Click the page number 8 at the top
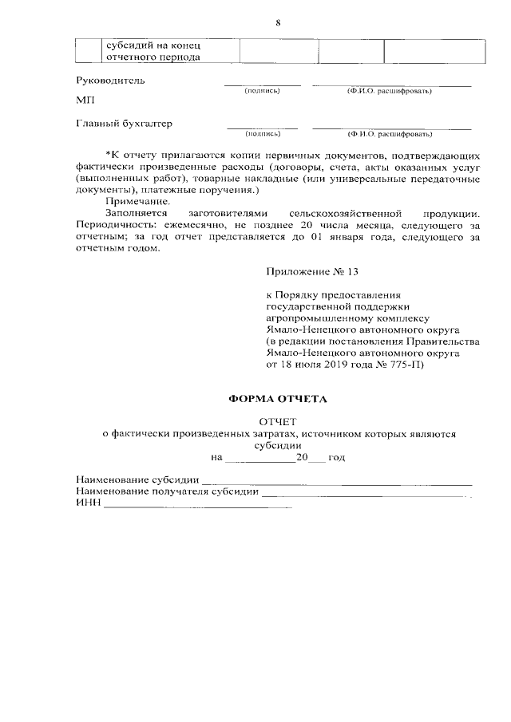(278, 22)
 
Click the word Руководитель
(110, 81)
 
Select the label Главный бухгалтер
(124, 124)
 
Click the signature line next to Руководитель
(262, 85)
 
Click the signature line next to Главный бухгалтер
(262, 128)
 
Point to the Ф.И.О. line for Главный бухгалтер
(390, 128)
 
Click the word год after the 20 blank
(336, 458)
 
